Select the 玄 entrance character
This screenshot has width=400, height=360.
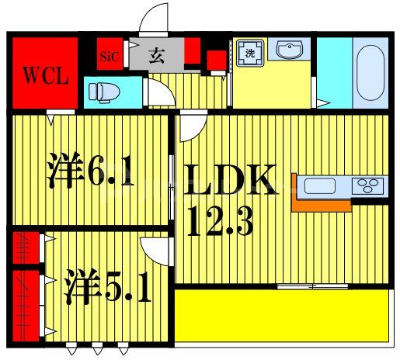157,55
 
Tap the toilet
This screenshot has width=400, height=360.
101,92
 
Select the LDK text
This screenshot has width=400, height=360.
229,183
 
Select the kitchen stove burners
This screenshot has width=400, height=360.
368,185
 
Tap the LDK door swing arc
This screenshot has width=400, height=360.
191,126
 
